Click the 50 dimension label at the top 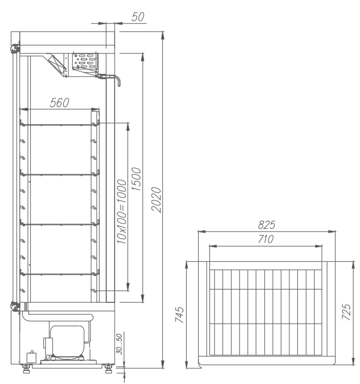coord(138,17)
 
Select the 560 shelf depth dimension coord(60,103)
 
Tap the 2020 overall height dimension coord(156,200)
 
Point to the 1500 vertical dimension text coord(136,179)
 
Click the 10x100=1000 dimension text coord(121,212)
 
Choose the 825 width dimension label coord(266,225)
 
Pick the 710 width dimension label coord(266,239)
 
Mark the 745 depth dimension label coord(179,314)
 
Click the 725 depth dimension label coord(346,312)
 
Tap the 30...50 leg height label coord(119,344)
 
